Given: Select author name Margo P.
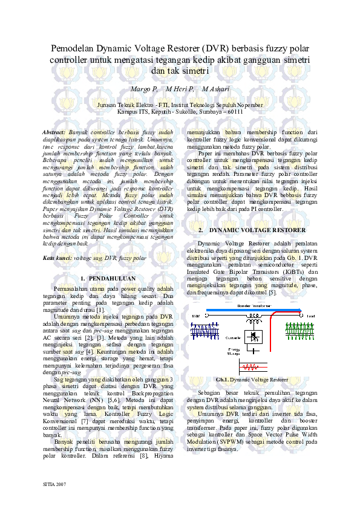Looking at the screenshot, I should [144, 89].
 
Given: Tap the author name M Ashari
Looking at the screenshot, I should [216, 89].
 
